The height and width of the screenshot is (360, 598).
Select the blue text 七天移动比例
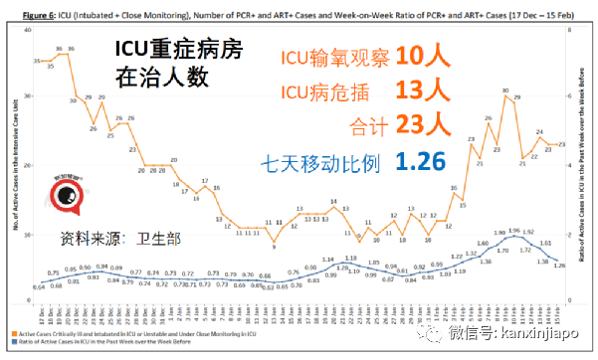click(320, 161)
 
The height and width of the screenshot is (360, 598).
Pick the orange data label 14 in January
click(334, 203)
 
